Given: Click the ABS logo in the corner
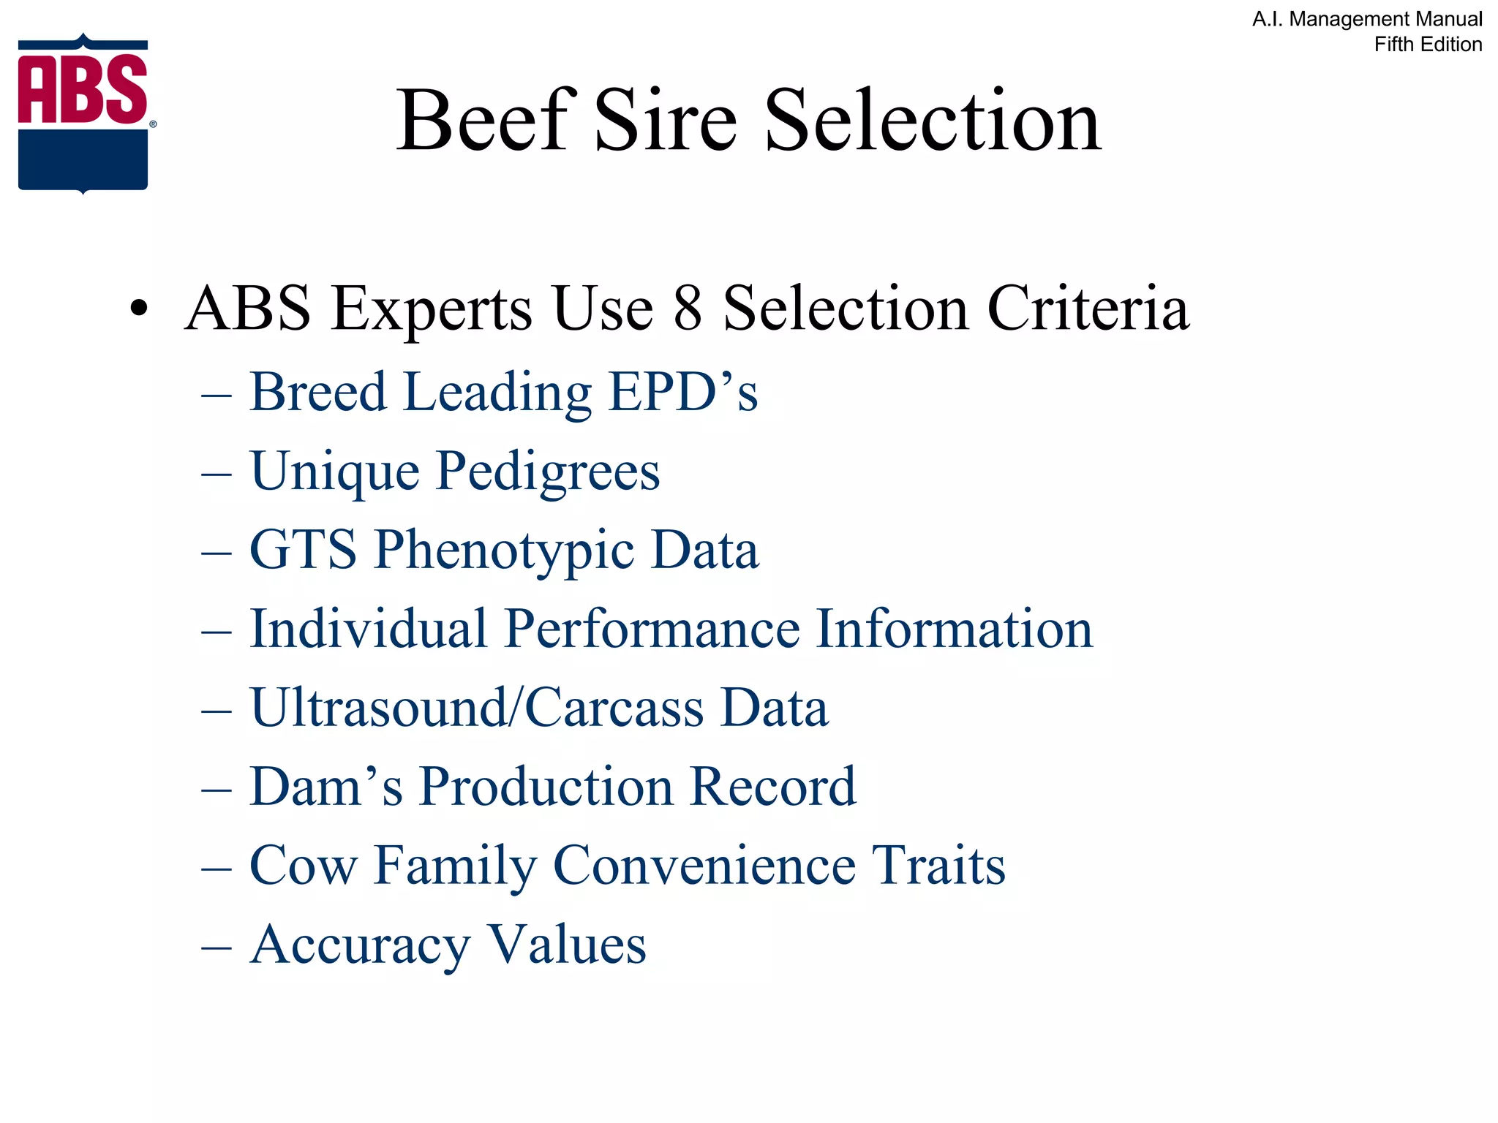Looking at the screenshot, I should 83,113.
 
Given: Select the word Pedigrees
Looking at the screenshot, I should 548,472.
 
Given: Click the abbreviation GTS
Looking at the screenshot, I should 303,550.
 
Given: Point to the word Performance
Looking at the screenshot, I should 652,629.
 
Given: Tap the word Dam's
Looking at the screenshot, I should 326,787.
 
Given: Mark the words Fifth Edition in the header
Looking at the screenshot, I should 1428,45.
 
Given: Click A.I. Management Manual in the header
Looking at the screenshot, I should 1367,19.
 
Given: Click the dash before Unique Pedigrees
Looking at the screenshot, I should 217,474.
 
